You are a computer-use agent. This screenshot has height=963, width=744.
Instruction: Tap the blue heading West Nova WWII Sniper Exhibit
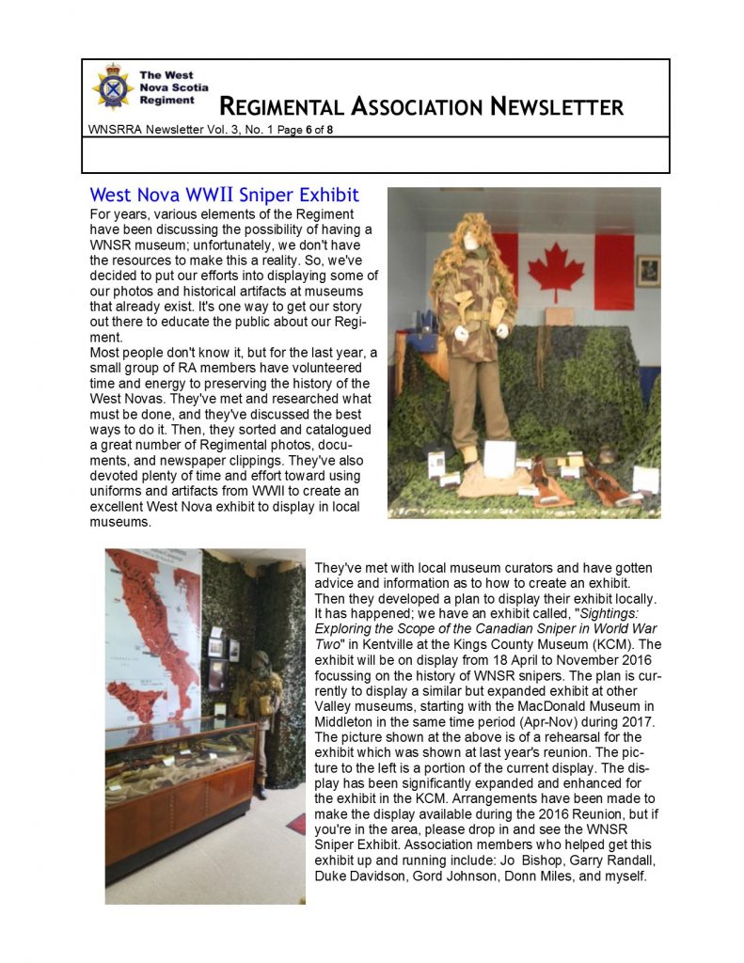[224, 196]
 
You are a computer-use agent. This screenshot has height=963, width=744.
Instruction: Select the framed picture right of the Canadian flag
[648, 271]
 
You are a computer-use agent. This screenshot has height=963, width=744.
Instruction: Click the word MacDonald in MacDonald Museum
[539, 704]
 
